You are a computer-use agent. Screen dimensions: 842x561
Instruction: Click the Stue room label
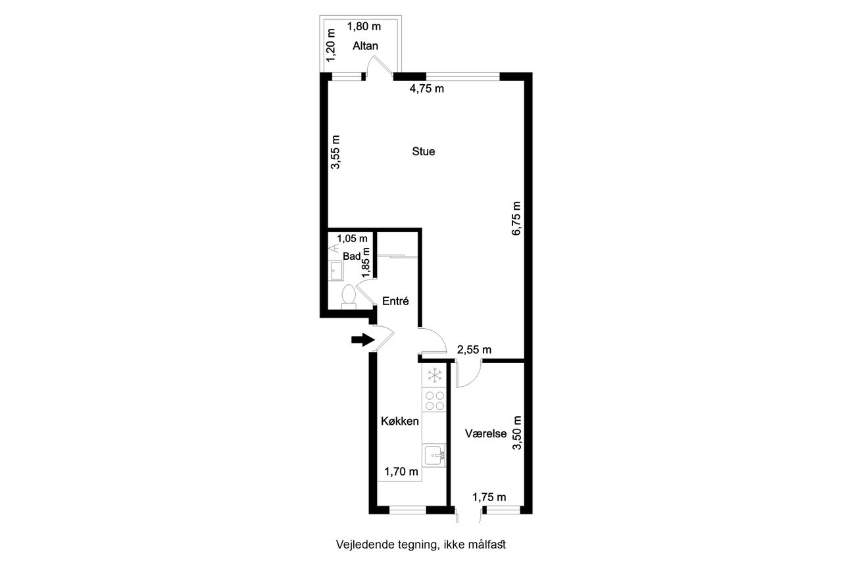coord(423,151)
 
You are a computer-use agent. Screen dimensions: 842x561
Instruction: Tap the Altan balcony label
coord(365,46)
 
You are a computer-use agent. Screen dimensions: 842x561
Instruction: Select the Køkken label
coord(399,421)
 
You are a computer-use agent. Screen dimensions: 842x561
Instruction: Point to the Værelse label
coord(485,433)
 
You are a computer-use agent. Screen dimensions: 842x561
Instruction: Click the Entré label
coord(395,301)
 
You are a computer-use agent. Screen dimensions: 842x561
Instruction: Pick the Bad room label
coord(351,256)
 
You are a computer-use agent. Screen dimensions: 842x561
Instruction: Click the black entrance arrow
coord(363,339)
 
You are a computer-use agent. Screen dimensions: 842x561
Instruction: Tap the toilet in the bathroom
coord(349,297)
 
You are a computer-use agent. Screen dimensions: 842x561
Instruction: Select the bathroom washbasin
coord(335,270)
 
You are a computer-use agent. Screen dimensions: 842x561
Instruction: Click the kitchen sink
coord(434,455)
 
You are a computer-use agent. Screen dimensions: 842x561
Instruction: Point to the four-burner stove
coord(435,401)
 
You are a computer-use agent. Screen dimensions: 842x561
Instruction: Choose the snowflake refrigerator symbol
coord(435,375)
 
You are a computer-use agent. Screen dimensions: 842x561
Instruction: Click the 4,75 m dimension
coord(427,89)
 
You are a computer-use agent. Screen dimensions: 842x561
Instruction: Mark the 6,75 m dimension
coord(517,218)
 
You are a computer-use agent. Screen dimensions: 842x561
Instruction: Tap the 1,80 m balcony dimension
coord(364,27)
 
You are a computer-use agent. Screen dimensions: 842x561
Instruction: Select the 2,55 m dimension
coord(474,350)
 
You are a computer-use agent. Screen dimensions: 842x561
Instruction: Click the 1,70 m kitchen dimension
coord(401,471)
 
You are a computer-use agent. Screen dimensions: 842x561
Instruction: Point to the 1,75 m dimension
coord(489,497)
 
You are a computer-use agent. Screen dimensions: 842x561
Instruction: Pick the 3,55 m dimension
coord(335,152)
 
